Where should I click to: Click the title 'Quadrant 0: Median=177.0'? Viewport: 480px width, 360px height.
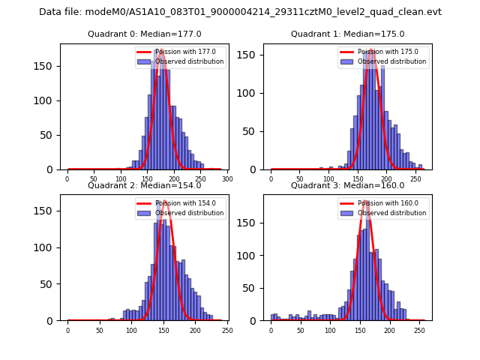pyautogui.click(x=144, y=34)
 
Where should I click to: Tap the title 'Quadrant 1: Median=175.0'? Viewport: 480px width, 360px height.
pyautogui.click(x=347, y=34)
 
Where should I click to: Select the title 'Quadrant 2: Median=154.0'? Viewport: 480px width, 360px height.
pyautogui.click(x=144, y=185)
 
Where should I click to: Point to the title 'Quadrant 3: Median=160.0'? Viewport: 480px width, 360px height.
pyautogui.click(x=347, y=185)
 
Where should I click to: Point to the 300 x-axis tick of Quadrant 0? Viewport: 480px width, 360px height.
pyautogui.click(x=227, y=179)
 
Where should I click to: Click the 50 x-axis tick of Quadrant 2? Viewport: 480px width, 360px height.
pyautogui.click(x=99, y=331)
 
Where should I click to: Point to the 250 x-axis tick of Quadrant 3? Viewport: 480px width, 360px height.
pyautogui.click(x=419, y=331)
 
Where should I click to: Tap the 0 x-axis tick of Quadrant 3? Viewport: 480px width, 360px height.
pyautogui.click(x=271, y=331)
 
